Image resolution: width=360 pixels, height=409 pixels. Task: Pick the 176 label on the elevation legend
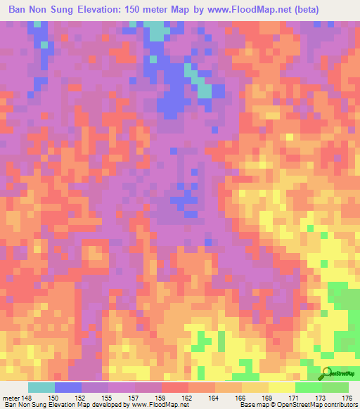pos(347,397)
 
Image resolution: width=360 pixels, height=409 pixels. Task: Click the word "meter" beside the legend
pos(11,397)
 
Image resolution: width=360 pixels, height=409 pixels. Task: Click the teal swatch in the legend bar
pos(41,387)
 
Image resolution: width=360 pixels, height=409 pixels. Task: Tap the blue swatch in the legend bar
pos(68,387)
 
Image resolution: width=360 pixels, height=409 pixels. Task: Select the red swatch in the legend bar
pos(175,387)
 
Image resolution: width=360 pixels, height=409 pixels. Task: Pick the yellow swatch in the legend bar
pos(282,387)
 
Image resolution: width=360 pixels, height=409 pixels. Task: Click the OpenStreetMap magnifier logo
pos(327,373)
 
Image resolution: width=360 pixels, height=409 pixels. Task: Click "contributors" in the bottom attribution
pos(338,405)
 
